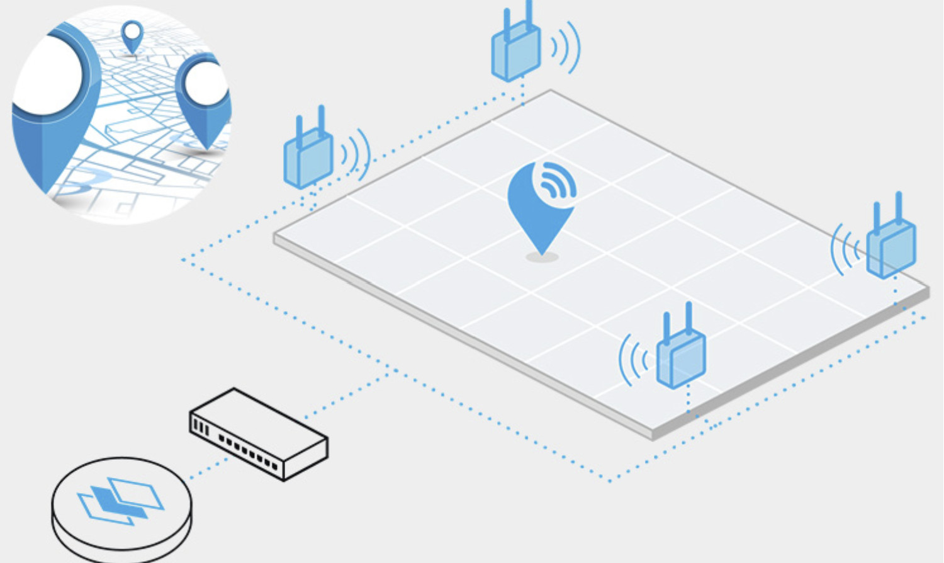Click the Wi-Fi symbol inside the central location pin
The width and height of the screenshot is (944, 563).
(555, 181)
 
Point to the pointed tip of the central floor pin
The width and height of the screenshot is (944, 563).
(542, 252)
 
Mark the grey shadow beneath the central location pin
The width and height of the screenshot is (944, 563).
(542, 258)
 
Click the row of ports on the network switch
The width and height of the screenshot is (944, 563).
(249, 449)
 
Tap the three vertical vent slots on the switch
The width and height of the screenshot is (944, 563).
(201, 428)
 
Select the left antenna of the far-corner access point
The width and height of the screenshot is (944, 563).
(507, 25)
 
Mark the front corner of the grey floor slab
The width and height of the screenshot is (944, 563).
(653, 435)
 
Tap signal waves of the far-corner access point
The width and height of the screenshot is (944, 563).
(566, 48)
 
